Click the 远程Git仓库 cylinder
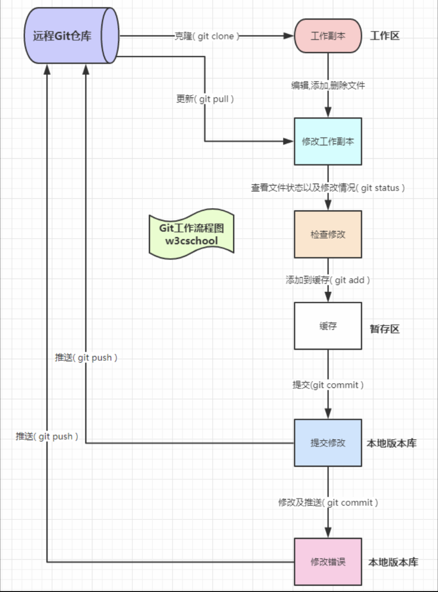click(70, 36)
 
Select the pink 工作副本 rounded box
click(328, 36)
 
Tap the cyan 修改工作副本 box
click(328, 141)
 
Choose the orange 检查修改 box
click(328, 234)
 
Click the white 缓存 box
click(328, 326)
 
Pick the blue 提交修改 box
click(328, 443)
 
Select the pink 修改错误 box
click(328, 562)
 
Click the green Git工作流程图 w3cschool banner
click(191, 234)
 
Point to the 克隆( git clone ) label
click(207, 36)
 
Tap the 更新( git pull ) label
click(205, 98)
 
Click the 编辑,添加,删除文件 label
click(328, 85)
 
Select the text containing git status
click(328, 188)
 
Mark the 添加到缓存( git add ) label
click(328, 280)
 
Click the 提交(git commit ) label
click(328, 385)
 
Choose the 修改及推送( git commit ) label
click(328, 503)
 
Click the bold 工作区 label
click(385, 36)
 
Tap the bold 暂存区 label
click(385, 329)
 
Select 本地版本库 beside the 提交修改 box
click(391, 443)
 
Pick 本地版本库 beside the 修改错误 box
click(393, 562)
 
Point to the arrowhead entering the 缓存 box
click(328, 298)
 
